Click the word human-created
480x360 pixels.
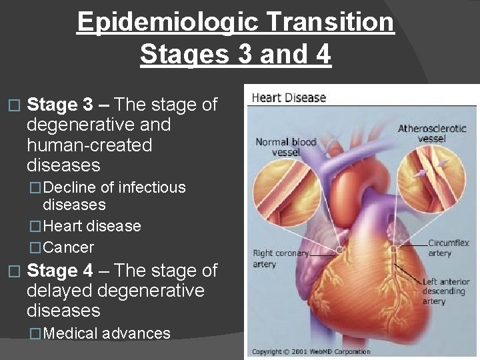(89, 145)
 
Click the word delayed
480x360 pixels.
(62, 291)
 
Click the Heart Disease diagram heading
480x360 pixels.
(288, 98)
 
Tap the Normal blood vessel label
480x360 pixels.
(286, 146)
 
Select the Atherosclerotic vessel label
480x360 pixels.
(431, 133)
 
